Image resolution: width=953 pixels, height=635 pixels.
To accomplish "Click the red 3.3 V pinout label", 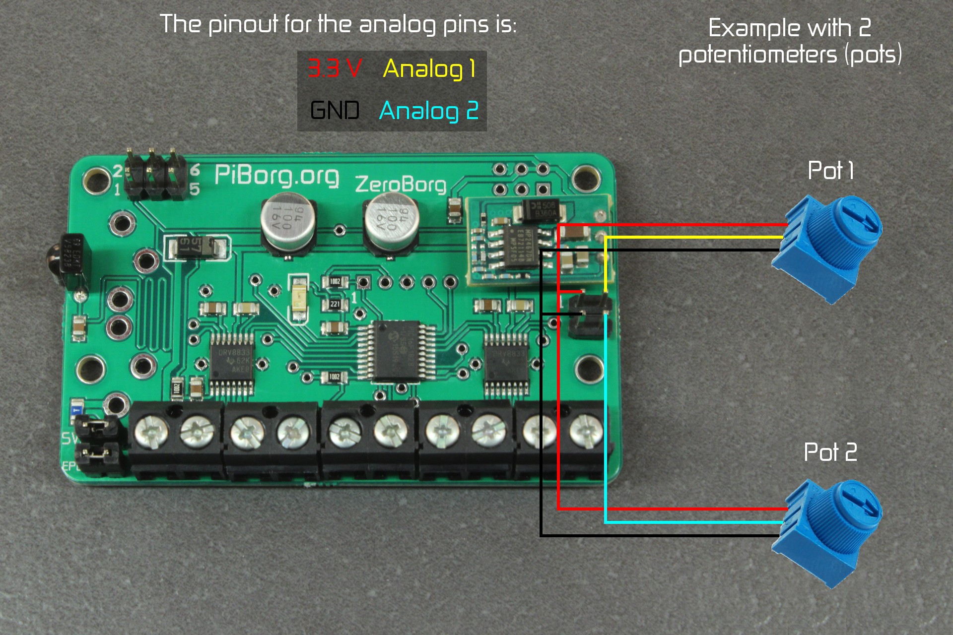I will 334,68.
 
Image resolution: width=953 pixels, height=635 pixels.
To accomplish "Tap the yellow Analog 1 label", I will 429,68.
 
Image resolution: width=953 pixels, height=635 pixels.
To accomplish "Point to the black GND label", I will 335,110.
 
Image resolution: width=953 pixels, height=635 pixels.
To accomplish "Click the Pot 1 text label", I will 830,171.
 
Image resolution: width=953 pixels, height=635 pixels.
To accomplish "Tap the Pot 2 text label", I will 830,452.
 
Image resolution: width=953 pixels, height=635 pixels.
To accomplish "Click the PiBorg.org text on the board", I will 276,176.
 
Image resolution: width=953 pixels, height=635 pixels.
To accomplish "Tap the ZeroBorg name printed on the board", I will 401,184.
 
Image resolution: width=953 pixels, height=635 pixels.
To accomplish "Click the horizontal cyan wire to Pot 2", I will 695,522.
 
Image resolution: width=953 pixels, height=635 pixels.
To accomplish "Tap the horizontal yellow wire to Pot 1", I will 695,237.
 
